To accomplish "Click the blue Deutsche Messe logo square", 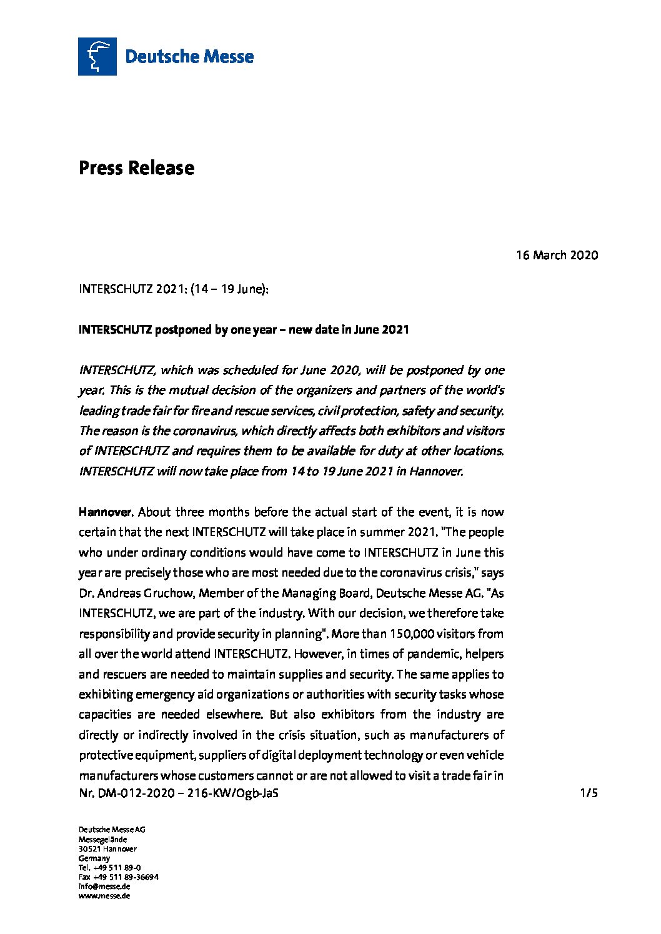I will click(97, 56).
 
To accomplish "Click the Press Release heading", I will click(136, 167).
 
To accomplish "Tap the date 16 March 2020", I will click(557, 255).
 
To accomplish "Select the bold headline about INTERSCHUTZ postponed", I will click(244, 329).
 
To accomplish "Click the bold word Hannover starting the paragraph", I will click(105, 512).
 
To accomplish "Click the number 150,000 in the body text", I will click(412, 633).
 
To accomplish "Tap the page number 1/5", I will click(589, 793).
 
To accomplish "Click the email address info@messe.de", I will click(104, 886).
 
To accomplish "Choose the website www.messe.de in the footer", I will click(104, 895).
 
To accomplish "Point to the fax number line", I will click(118, 877).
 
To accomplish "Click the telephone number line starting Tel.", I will click(109, 867).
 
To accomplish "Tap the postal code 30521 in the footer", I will click(90, 848).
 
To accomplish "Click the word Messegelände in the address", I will click(102, 839).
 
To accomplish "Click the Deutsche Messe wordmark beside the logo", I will click(189, 57).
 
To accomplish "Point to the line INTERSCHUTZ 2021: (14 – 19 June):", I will click(174, 289).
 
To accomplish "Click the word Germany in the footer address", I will click(94, 858).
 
